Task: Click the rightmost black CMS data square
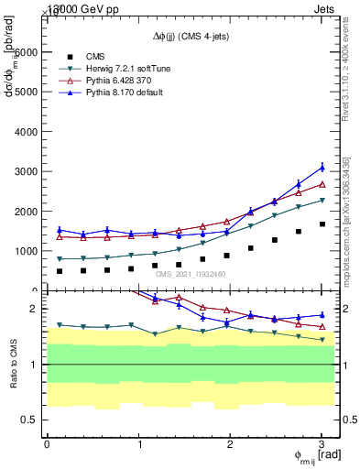pos(322,224)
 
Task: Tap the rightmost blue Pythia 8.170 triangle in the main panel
pos(322,167)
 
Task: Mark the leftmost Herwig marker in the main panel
pos(60,258)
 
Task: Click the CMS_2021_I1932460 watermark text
pos(191,274)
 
